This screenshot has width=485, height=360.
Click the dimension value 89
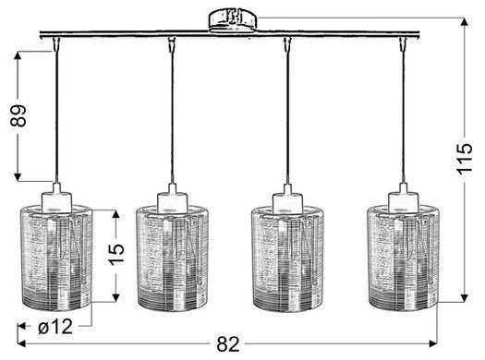pyautogui.click(x=18, y=116)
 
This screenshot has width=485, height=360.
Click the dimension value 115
pyautogui.click(x=465, y=159)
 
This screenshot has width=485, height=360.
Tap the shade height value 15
pyautogui.click(x=116, y=255)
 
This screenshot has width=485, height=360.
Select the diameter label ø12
pyautogui.click(x=55, y=327)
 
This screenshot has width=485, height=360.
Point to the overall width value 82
pyautogui.click(x=228, y=344)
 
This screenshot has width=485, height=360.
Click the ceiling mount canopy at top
pyautogui.click(x=233, y=21)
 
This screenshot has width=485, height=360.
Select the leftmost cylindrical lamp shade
pyautogui.click(x=57, y=258)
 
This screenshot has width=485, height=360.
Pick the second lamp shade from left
pyautogui.click(x=173, y=258)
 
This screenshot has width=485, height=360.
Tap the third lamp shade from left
pyautogui.click(x=288, y=258)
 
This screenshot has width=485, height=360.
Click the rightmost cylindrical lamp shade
pyautogui.click(x=404, y=258)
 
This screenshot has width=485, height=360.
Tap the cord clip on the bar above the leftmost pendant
pyautogui.click(x=56, y=44)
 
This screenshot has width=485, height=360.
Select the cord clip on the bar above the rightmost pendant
pyautogui.click(x=403, y=44)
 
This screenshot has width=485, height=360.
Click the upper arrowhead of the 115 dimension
pyautogui.click(x=464, y=22)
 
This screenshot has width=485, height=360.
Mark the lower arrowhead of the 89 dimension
pyautogui.click(x=18, y=176)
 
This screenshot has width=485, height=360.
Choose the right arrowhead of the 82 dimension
pyautogui.click(x=432, y=343)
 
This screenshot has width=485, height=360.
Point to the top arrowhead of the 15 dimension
pyautogui.click(x=115, y=215)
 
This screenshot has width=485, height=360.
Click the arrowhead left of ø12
pyautogui.click(x=21, y=326)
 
